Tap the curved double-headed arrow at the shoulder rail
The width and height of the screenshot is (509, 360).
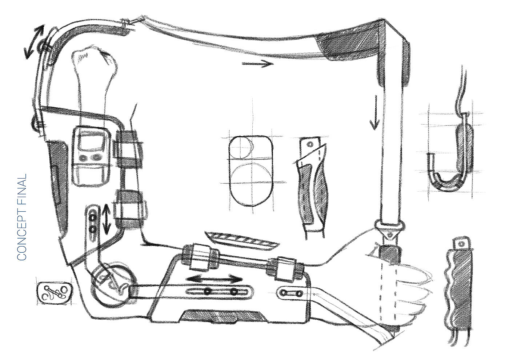pyautogui.click(x=33, y=42)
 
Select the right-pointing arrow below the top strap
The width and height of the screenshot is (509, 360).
pyautogui.click(x=257, y=64)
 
